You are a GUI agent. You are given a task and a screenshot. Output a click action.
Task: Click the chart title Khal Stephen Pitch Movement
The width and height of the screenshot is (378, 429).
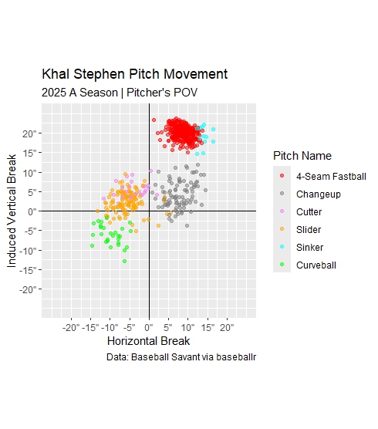pyautogui.click(x=134, y=75)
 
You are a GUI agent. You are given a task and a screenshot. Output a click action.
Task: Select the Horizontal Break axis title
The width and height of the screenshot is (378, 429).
pyautogui.click(x=148, y=341)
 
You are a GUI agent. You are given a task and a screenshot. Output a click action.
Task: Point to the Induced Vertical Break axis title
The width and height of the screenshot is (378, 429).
pyautogui.click(x=12, y=210)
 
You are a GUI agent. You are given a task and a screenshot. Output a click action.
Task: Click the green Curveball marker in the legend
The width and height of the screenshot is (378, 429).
pyautogui.click(x=282, y=265)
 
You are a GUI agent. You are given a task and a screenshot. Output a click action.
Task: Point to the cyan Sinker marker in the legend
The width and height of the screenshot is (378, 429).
pyautogui.click(x=282, y=248)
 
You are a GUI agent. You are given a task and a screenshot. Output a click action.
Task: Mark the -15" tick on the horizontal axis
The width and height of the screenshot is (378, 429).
pyautogui.click(x=90, y=327)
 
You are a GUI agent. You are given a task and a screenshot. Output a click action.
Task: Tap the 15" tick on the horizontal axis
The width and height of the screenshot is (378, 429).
pyautogui.click(x=208, y=327)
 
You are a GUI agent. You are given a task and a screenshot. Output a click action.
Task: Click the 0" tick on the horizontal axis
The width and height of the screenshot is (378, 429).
pyautogui.click(x=149, y=327)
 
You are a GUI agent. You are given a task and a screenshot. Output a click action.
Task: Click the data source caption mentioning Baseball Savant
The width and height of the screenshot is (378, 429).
pyautogui.click(x=181, y=357)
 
